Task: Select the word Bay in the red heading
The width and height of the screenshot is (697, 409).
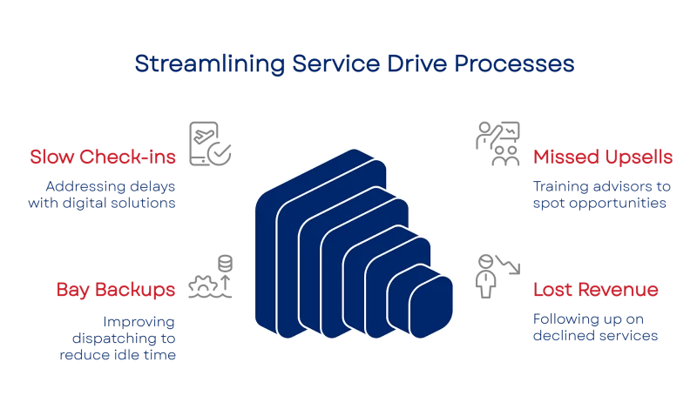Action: pos(71,289)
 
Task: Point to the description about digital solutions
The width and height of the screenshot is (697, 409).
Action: pos(113,193)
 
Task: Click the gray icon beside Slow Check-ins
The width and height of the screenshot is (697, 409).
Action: pos(212,143)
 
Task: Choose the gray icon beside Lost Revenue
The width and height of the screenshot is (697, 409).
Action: pos(493,272)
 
